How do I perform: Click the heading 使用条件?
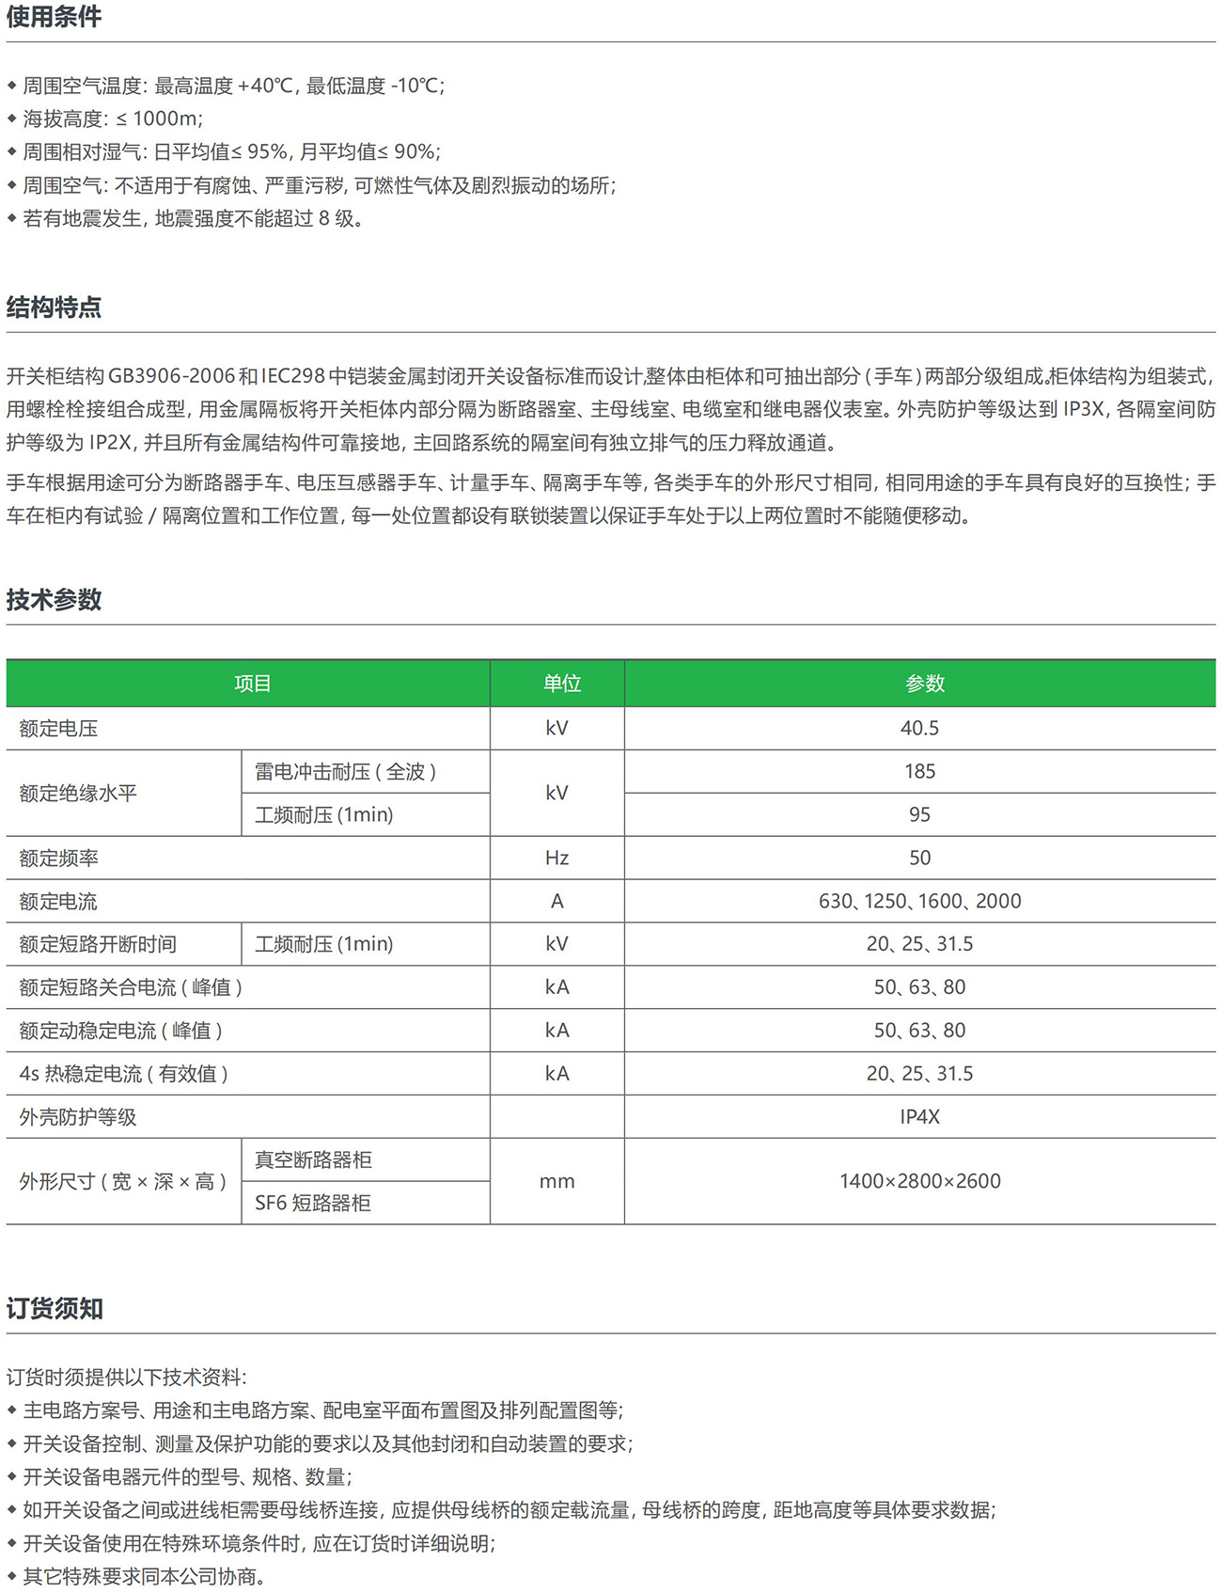click(54, 17)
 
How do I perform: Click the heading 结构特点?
click(54, 307)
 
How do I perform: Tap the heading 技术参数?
click(54, 600)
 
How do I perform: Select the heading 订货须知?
click(55, 1309)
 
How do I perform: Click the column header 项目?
click(252, 684)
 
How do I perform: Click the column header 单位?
click(561, 684)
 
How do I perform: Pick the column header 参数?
click(924, 684)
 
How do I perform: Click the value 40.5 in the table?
click(919, 729)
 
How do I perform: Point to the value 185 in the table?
click(919, 772)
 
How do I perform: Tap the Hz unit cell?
click(556, 859)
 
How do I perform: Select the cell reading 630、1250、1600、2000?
click(919, 902)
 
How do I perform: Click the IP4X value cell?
click(919, 1117)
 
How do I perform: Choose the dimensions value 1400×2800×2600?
click(919, 1182)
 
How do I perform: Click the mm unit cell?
click(556, 1182)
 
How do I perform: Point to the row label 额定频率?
click(58, 859)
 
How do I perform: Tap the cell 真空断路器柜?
click(313, 1160)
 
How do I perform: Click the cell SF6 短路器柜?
click(312, 1204)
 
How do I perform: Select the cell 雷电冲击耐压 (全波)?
click(345, 772)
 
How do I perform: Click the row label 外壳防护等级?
click(78, 1117)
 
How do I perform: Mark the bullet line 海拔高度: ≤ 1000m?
click(113, 118)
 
